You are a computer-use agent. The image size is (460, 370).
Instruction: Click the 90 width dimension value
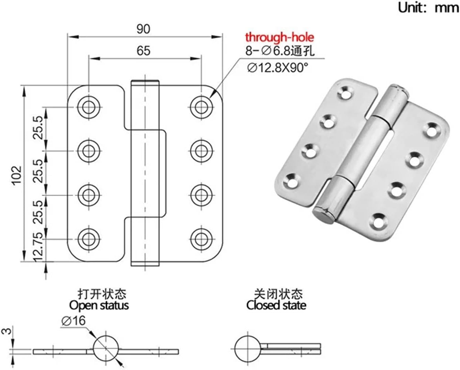coord(143,29)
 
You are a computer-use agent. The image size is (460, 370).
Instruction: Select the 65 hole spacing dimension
coord(143,51)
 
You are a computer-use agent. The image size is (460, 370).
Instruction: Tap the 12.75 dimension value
coord(38,247)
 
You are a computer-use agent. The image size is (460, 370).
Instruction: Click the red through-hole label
coord(279,37)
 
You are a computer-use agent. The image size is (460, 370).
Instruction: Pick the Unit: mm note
coord(428,7)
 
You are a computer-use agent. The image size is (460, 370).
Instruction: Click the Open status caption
coord(99,305)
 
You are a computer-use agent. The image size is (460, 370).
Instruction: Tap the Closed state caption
coord(276,305)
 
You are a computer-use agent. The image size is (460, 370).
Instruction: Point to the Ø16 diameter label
coord(73,320)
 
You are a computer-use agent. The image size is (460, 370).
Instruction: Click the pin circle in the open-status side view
coord(106,348)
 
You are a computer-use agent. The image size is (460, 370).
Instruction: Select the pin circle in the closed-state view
coord(248,348)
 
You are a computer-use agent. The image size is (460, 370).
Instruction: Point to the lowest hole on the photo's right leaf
coord(378,221)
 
